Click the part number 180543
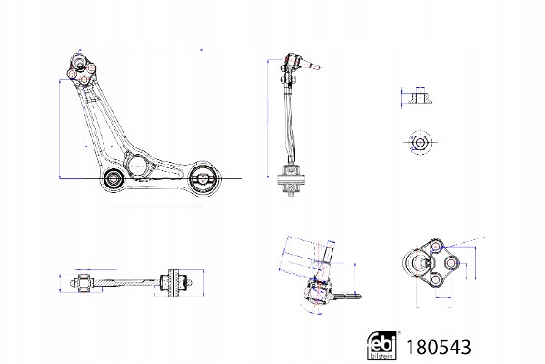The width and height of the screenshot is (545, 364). click(x=439, y=347)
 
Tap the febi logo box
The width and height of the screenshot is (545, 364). click(x=381, y=346)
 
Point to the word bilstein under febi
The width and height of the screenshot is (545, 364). click(x=381, y=356)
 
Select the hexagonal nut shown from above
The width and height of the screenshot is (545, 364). click(x=420, y=143)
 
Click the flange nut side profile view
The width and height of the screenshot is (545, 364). click(x=420, y=96)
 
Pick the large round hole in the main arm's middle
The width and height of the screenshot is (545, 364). click(x=135, y=167)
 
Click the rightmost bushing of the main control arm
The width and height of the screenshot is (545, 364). click(x=203, y=178)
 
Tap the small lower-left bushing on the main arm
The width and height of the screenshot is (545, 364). click(x=113, y=178)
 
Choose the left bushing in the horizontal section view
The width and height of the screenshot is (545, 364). click(x=83, y=283)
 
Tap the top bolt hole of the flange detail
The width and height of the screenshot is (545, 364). click(x=436, y=248)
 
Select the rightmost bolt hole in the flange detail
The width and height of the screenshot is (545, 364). click(x=451, y=263)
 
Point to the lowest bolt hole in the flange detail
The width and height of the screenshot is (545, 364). click(x=436, y=279)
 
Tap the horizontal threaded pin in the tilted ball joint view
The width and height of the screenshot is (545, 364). click(x=347, y=297)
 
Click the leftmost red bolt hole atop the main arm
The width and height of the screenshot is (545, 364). click(x=72, y=74)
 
